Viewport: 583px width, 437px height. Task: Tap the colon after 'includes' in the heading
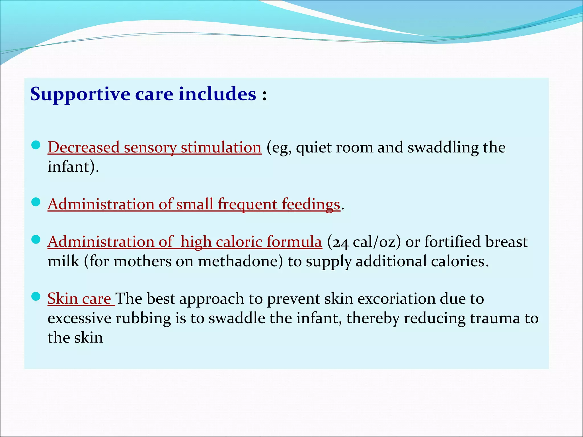264,95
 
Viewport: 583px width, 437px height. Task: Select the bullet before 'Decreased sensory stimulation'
36,146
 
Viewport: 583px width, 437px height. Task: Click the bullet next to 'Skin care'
36,297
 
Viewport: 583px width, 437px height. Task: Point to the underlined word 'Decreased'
83,147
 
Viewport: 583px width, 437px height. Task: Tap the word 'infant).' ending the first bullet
73,167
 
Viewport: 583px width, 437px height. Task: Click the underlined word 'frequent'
247,204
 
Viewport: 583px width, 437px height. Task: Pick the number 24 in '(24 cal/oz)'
341,242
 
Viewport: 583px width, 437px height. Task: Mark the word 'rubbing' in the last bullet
143,318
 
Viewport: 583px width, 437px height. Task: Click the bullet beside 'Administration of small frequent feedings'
36,202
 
